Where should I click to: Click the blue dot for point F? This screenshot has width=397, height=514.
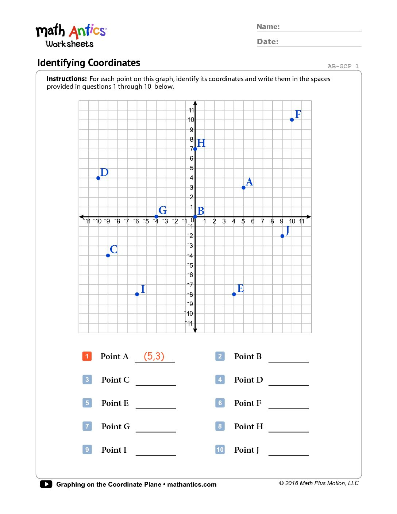click(292, 120)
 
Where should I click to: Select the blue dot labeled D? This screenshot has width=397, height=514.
click(98, 178)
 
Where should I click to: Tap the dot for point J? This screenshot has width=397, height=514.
click(282, 236)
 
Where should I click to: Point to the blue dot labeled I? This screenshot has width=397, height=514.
click(137, 294)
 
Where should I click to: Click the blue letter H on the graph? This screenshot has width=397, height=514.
click(201, 143)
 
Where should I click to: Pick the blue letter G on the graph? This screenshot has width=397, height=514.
click(163, 210)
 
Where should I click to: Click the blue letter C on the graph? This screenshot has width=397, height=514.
click(114, 249)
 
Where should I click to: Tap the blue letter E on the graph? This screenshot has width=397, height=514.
click(240, 288)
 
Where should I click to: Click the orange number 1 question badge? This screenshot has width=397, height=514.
click(87, 356)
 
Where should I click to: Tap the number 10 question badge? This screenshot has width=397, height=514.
click(220, 449)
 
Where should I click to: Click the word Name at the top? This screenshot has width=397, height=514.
click(268, 27)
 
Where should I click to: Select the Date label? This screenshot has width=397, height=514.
click(267, 42)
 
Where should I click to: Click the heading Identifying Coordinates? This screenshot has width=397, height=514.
click(89, 63)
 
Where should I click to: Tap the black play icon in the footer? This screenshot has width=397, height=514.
click(46, 484)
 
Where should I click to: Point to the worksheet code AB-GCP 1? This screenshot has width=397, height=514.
click(343, 66)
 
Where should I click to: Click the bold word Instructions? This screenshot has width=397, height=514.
click(66, 79)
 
